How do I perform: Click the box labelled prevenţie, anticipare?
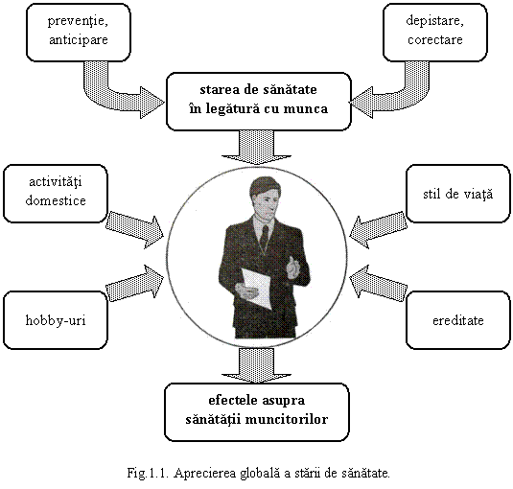pyautogui.click(x=79, y=33)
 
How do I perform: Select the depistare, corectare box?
pyautogui.click(x=435, y=33)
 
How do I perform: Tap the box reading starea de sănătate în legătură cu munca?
pyautogui.click(x=259, y=102)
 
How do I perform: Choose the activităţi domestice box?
pyautogui.click(x=56, y=194)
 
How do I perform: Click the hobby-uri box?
pyautogui.click(x=56, y=320)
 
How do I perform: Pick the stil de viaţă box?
pyautogui.click(x=458, y=194)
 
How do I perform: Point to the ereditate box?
pyautogui.click(x=458, y=320)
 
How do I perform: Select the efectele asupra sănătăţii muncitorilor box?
pyautogui.click(x=257, y=412)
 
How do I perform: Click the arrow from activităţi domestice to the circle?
pyautogui.click(x=135, y=229)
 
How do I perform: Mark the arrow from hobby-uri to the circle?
pyautogui.click(x=135, y=284)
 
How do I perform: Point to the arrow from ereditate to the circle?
pyautogui.click(x=379, y=284)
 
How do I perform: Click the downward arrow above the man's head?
pyautogui.click(x=257, y=148)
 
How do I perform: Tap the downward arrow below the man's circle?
pyautogui.click(x=257, y=365)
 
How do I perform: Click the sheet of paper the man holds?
pyautogui.click(x=257, y=288)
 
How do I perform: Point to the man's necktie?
pyautogui.click(x=264, y=237)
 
